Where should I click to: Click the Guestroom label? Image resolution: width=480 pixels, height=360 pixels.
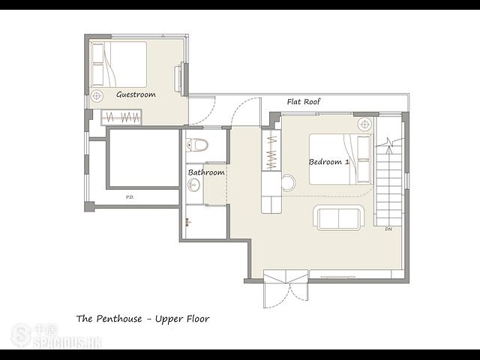pos(136,94)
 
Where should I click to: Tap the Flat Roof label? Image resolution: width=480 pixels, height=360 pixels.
pos(304,102)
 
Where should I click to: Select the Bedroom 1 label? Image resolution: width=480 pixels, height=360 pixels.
pos(328,162)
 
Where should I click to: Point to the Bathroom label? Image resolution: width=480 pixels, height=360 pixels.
pos(206,172)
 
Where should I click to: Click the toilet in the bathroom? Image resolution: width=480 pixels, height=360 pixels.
pos(196,145)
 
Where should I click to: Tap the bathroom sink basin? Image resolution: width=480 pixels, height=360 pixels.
pos(193,185)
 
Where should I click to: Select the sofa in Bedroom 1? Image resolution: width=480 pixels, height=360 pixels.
pos(338,217)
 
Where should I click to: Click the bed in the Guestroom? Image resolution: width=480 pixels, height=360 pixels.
pos(118,64)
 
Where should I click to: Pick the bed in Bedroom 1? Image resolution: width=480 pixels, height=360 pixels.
pos(340,159)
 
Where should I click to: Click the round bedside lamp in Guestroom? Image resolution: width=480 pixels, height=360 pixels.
pos(97,96)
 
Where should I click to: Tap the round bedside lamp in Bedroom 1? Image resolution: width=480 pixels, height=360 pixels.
pos(364,124)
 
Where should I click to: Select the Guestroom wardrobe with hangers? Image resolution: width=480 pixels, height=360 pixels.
pos(121,117)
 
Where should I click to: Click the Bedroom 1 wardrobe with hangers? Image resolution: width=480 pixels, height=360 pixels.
pos(271,151)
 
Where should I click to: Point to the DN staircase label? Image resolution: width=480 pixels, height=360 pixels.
pos(388,229)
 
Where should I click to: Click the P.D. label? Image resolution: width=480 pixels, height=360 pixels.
pos(130,197)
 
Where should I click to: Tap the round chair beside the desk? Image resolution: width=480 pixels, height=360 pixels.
pos(288,183)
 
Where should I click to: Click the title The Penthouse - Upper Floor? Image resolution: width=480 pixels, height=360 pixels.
pos(142,319)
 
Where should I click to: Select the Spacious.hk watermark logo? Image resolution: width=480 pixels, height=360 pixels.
pos(56,336)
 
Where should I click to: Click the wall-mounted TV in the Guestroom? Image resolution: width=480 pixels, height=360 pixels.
pos(178,77)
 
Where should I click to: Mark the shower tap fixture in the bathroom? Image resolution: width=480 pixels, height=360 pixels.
pos(187,222)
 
